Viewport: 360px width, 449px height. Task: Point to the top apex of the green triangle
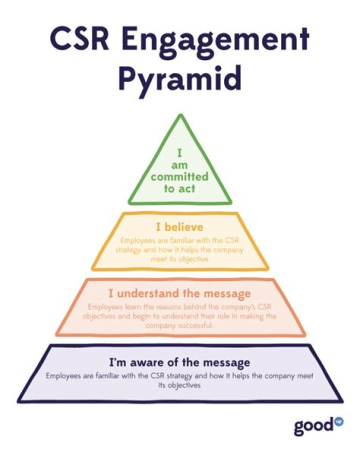point(180,116)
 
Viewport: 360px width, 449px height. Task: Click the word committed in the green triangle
point(180,177)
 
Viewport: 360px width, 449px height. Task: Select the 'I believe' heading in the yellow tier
point(180,228)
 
